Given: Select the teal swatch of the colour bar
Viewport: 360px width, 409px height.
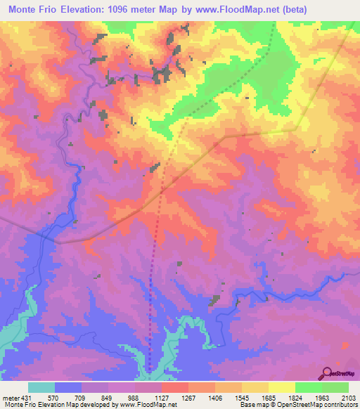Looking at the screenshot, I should [41, 387].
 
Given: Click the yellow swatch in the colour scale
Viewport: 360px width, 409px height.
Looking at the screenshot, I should [282, 387].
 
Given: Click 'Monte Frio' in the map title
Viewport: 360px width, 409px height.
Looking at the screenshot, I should [33, 11].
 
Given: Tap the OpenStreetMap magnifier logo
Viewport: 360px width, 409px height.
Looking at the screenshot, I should [328, 372].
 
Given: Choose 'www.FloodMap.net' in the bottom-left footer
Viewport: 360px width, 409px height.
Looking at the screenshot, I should [148, 405].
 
